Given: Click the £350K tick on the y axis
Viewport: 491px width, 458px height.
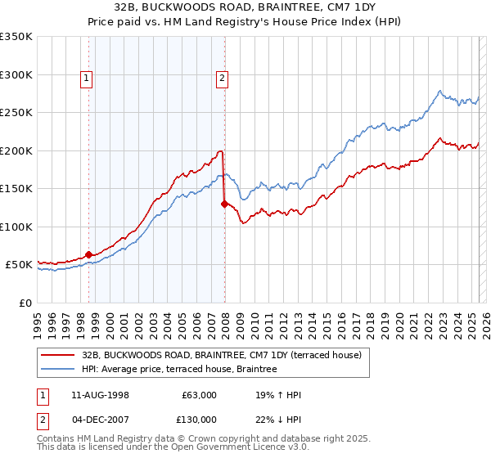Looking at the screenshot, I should (x=16, y=37).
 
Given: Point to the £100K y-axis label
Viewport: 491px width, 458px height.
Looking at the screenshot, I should (x=16, y=227).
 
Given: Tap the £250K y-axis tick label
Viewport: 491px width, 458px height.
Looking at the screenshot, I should (x=16, y=113).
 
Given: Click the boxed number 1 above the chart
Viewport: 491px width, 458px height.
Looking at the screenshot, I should (x=87, y=79).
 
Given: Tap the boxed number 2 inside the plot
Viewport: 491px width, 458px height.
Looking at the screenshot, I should (x=223, y=79).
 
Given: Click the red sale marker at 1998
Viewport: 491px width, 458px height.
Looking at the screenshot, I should (x=89, y=255).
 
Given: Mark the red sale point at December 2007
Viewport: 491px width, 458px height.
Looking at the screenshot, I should (x=224, y=204).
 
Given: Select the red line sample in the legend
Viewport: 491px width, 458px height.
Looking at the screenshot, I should (x=58, y=355).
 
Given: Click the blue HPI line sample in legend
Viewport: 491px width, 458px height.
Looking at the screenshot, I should (x=58, y=369).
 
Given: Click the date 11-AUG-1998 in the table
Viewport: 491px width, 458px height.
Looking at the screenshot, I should (x=100, y=395).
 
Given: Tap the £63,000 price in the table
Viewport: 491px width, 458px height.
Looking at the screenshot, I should (x=199, y=395).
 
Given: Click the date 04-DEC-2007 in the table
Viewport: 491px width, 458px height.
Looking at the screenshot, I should (x=100, y=420).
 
